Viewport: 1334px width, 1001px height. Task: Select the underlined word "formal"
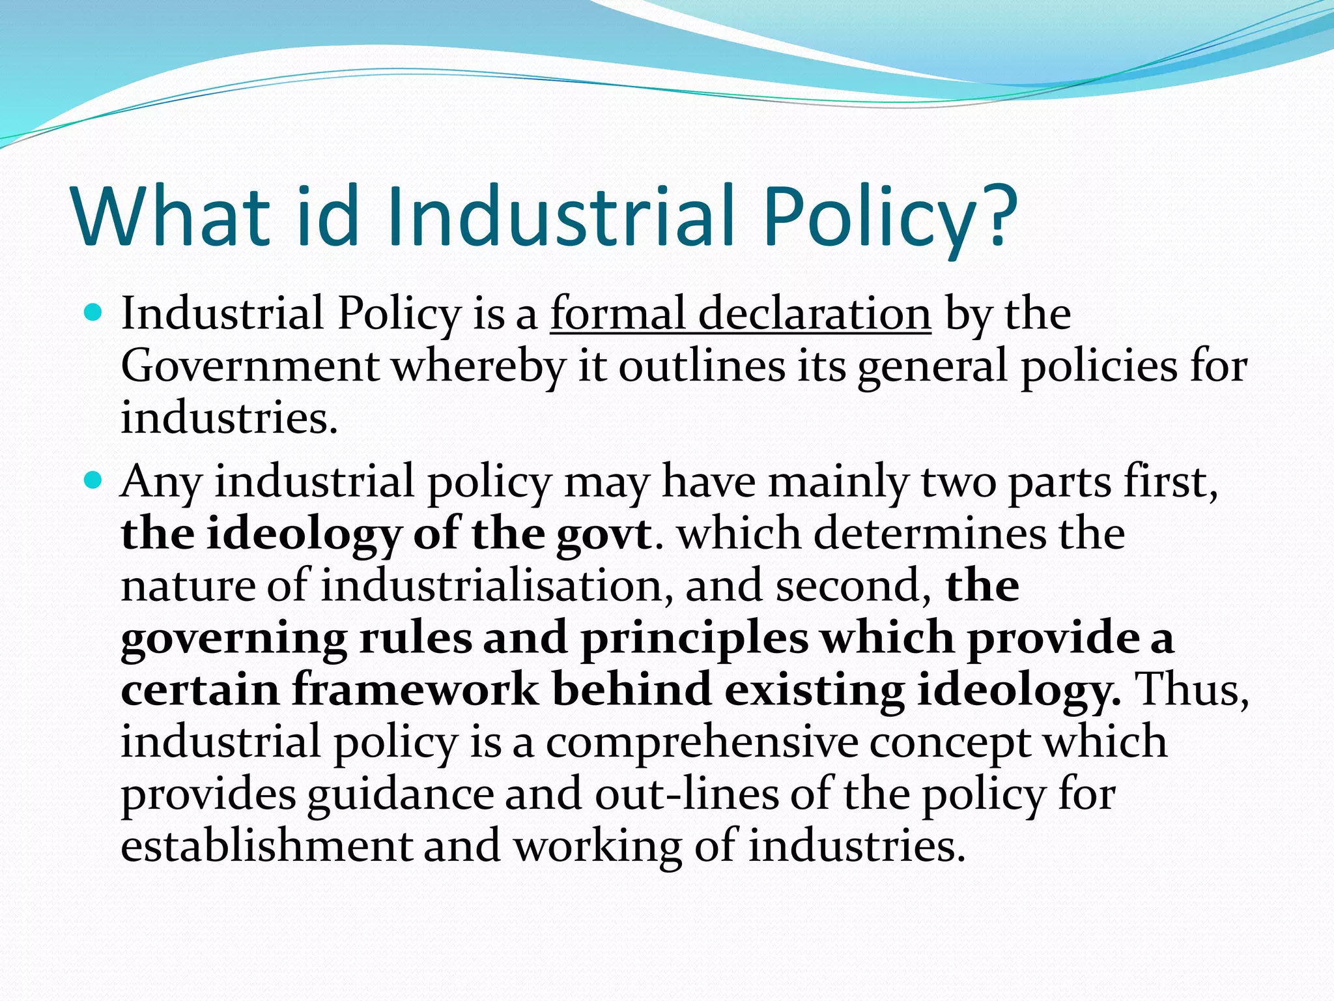point(617,314)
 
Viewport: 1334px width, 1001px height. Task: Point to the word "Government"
point(250,366)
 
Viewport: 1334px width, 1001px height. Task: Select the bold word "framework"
point(415,690)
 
